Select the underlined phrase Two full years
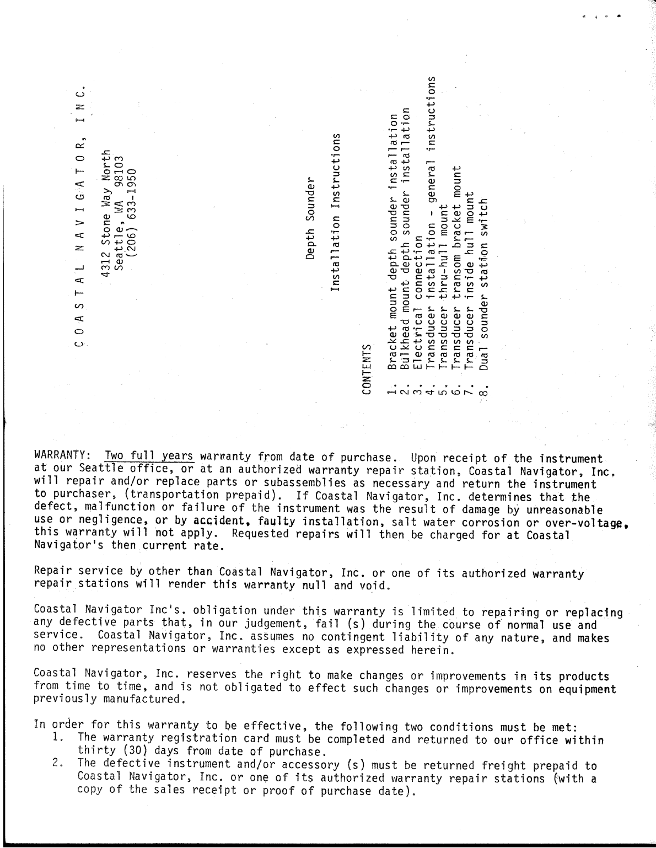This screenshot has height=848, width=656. click(149, 457)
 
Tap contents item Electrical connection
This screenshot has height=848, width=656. click(418, 302)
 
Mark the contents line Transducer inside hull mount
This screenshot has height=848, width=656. click(470, 281)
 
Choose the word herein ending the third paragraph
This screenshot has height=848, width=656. click(434, 650)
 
